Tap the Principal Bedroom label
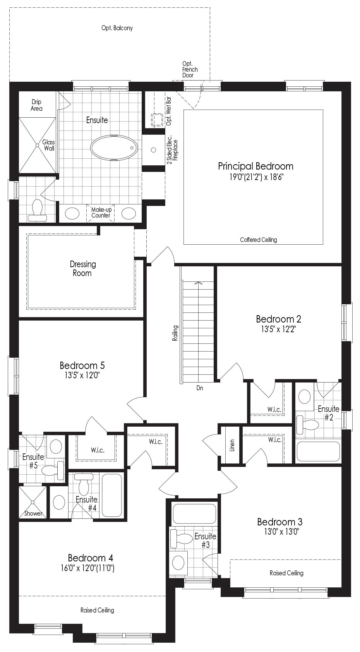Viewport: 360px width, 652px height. [x=255, y=166]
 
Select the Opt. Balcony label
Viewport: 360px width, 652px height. [x=117, y=28]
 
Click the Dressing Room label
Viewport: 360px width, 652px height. [x=83, y=269]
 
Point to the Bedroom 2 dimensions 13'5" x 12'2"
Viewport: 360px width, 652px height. [x=278, y=329]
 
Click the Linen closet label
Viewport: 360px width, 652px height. [x=232, y=445]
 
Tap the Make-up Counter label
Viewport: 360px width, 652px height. [x=101, y=213]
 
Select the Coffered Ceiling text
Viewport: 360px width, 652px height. [x=259, y=240]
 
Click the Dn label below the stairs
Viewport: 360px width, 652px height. [x=200, y=388]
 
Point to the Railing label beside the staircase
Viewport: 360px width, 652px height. [x=175, y=333]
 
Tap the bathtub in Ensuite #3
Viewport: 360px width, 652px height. [x=194, y=514]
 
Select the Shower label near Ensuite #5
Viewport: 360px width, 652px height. [x=33, y=513]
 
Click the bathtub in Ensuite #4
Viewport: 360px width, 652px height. [x=112, y=495]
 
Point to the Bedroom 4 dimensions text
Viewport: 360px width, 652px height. [x=87, y=568]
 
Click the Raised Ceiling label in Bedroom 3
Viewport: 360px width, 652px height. [x=286, y=573]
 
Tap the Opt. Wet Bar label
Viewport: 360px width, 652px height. [x=168, y=111]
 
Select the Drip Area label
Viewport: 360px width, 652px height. [x=37, y=105]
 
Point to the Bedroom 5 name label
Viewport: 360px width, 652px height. [x=82, y=365]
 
